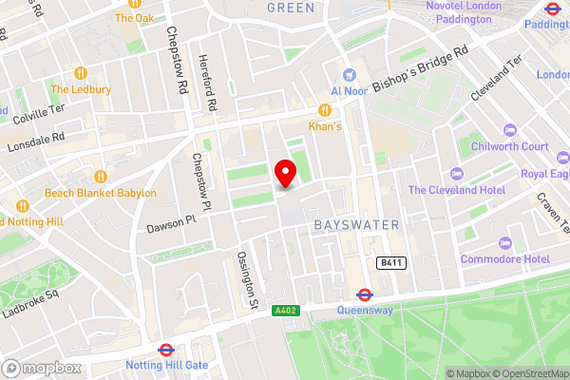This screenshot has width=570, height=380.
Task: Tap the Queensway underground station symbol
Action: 364,294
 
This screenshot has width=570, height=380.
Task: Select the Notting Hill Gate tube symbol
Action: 165,350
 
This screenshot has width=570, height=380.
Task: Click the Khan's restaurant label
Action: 325,125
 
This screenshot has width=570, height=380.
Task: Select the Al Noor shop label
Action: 349,92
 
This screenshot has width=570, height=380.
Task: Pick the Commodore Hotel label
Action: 505,259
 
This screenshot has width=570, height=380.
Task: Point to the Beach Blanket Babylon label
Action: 101,193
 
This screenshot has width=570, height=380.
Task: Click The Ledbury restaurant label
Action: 78,89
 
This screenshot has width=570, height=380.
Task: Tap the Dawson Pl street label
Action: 170,224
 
